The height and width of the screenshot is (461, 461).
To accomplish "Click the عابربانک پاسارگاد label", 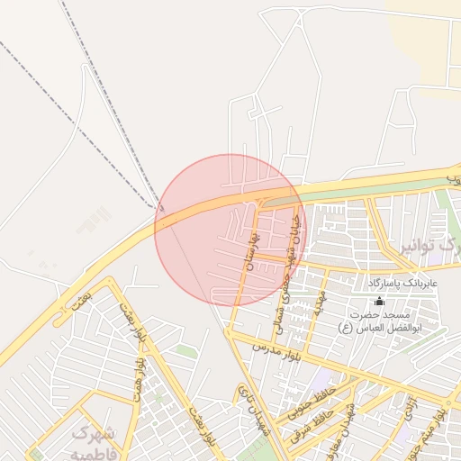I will pyautogui.click(x=402, y=283).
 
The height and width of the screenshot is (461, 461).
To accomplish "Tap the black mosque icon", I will pyautogui.click(x=378, y=302).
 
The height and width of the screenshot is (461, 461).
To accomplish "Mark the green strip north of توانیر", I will pyautogui.click(x=360, y=190).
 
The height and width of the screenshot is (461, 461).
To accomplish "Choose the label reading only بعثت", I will pyautogui.click(x=79, y=297).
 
